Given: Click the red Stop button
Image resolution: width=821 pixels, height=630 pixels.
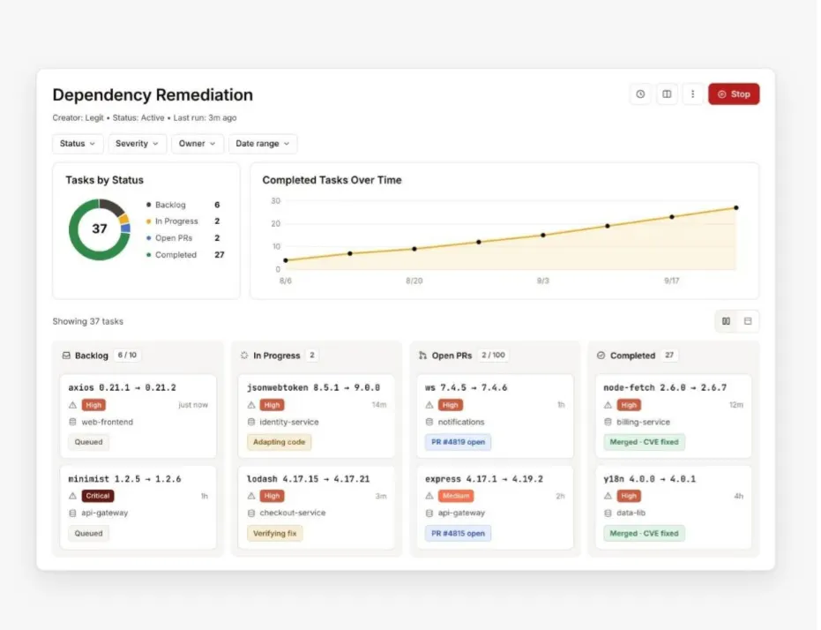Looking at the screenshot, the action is coord(734,94).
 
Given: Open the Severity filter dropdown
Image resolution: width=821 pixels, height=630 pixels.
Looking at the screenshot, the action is coord(138,144).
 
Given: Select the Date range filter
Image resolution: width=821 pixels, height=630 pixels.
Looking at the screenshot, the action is coord(262,144).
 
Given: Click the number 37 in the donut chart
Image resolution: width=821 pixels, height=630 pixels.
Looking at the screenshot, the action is coord(100,229).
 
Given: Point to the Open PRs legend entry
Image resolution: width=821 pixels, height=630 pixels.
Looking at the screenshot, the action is coord(174,237).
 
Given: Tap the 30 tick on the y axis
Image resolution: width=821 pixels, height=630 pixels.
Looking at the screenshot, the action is coord(275,200).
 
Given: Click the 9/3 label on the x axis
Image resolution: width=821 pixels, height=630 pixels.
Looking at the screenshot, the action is coord(543,281).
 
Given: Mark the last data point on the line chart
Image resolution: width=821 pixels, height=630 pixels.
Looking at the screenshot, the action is coord(736,208).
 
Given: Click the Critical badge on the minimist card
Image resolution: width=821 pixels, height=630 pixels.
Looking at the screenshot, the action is coord(97,496).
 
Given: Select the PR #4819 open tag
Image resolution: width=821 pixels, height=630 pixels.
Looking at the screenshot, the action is coord(458,442).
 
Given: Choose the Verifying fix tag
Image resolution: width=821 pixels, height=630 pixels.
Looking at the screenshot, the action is coord(274,533).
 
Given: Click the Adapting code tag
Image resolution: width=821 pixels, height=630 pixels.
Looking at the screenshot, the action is coord(279,442).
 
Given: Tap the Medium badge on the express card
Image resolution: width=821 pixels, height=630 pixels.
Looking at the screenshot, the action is coord(456,496).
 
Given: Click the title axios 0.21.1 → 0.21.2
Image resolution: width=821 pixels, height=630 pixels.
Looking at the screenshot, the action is coord(122,387).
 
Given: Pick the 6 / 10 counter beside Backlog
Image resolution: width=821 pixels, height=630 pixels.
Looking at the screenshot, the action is coord(127,355).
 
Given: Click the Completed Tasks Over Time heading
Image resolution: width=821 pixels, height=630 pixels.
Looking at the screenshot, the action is coord(332,180).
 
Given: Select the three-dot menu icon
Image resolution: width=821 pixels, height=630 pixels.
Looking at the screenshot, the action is coord(693,94).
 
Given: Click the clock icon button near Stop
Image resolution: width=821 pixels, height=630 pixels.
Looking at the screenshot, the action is coord(640,94).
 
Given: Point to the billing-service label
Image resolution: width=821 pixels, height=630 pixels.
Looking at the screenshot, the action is coord(643,422).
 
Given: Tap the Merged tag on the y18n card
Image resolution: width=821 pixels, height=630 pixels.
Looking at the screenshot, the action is coord(644,533).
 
